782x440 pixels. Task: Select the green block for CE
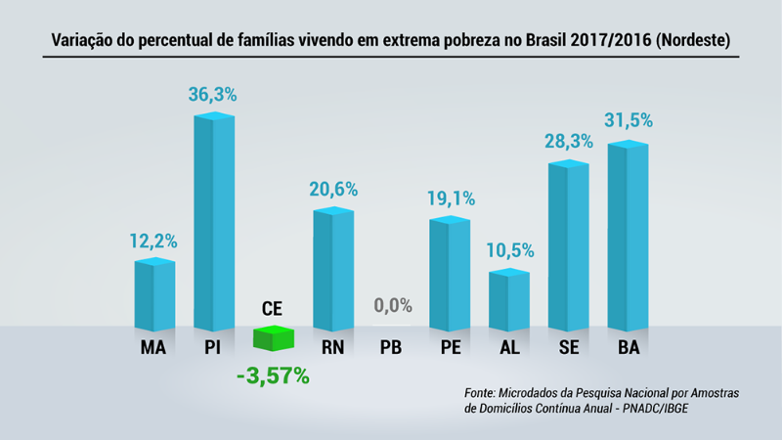pos(274,338)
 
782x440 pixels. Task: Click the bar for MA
pos(154,295)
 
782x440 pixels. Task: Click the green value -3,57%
pos(273,375)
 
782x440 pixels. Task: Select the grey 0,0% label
pos(393,305)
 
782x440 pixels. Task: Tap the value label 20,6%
pos(332,190)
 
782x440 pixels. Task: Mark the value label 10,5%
pos(509,250)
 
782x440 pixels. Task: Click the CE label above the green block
pos(273,310)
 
